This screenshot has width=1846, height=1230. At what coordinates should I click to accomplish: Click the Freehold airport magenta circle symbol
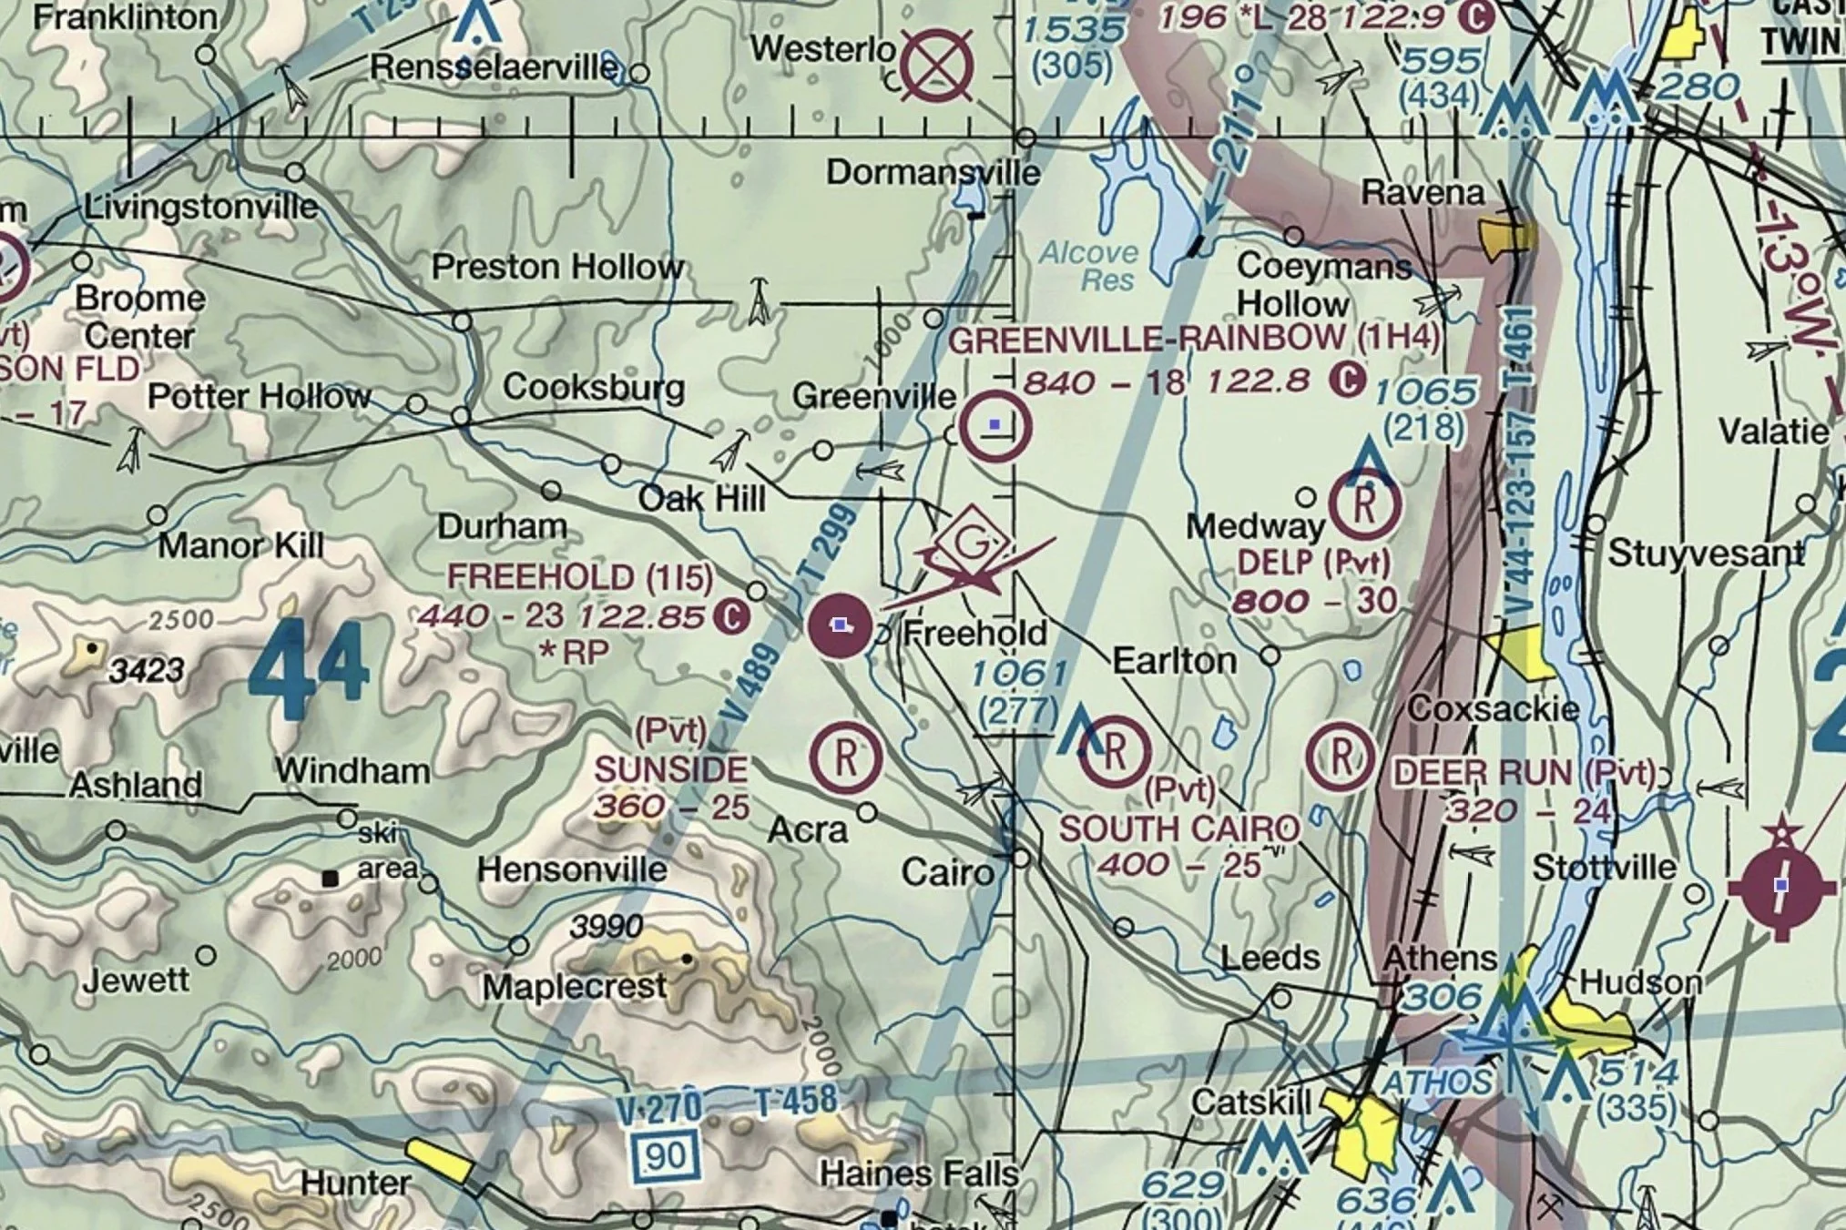pos(840,625)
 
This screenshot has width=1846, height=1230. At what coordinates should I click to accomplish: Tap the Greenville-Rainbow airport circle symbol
pos(995,426)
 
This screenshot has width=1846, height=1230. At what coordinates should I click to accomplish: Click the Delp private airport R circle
pos(1364,504)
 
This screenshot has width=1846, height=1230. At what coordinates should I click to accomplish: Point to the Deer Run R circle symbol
pos(1341,757)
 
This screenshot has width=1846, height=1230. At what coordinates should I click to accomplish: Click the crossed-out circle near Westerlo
pos(937,66)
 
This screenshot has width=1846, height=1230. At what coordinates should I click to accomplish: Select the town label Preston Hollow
pos(557,268)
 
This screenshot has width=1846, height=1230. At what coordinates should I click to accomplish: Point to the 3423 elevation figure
pos(147,672)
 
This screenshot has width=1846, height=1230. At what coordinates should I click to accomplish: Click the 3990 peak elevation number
pos(607,927)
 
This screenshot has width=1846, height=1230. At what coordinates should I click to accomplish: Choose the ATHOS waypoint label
pos(1436,1083)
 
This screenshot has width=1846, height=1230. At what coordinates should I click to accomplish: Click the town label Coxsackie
pos(1493,709)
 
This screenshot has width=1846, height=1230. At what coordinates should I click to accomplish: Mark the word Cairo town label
pos(947,873)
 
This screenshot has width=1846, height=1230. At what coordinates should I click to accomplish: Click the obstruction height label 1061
pos(1018,675)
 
